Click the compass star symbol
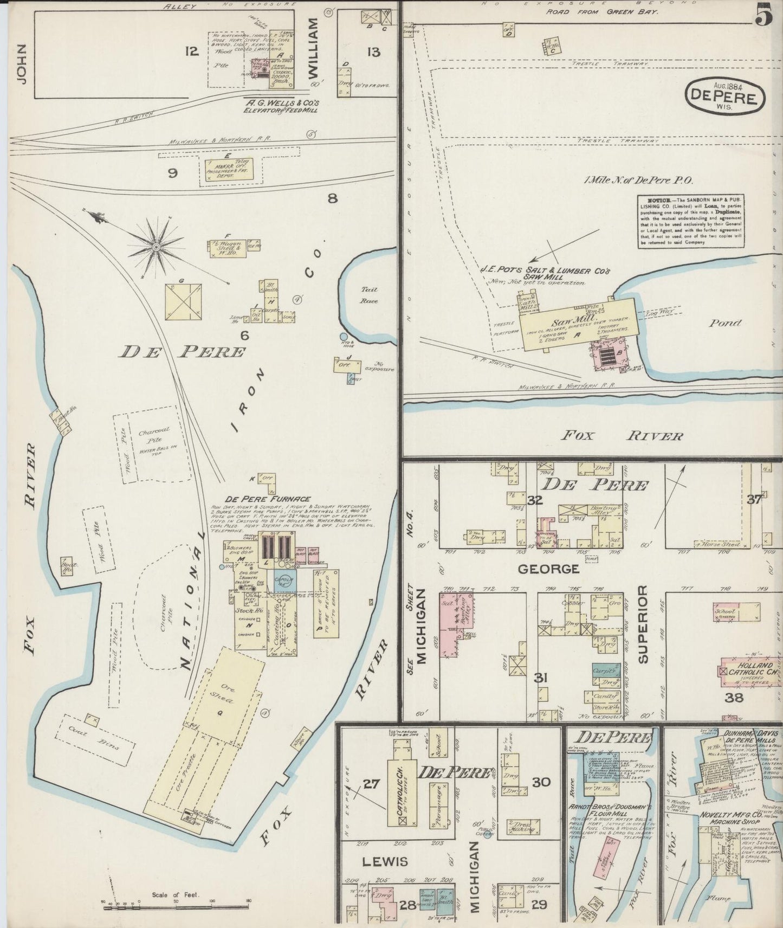[157, 247]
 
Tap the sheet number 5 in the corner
[763, 15]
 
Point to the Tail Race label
[369, 295]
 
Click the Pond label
[725, 323]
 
